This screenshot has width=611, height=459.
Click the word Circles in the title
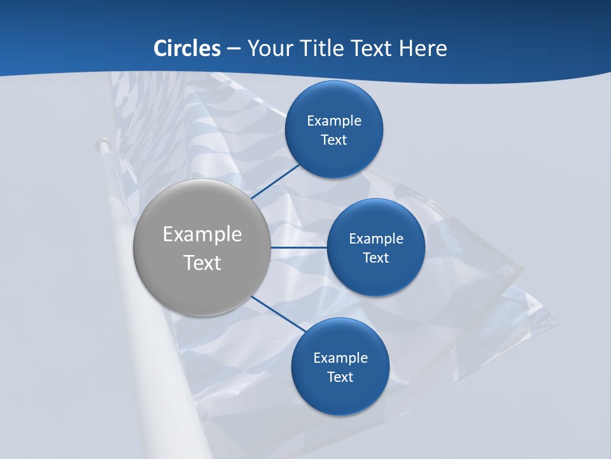pos(187,48)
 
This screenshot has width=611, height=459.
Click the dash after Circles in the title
pos(234,49)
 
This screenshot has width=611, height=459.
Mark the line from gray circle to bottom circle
pos(279,314)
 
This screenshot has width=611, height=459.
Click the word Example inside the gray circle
pos(202,235)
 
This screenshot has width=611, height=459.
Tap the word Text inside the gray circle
pos(202,263)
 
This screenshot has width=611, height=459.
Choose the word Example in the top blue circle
pos(334,120)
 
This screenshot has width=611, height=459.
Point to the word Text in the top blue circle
pos(334,140)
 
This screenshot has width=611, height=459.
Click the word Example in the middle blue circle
pos(376,238)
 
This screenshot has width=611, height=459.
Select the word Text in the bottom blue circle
pos(340,377)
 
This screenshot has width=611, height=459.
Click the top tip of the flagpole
pos(101,144)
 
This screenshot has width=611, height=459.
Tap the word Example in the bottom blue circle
pos(341,358)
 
